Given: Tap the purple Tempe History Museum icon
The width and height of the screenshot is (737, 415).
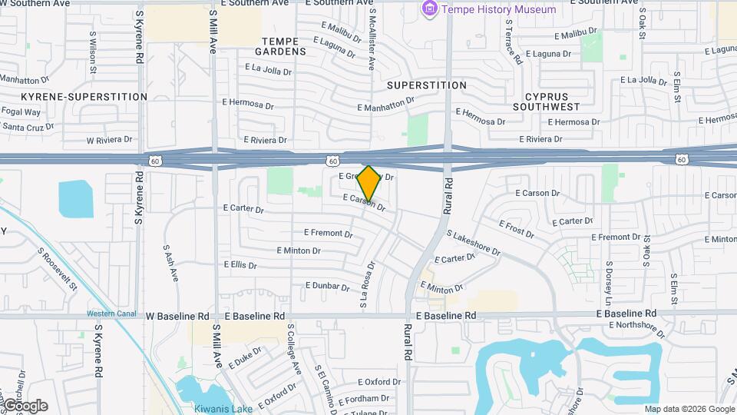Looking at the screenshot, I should tap(430, 10).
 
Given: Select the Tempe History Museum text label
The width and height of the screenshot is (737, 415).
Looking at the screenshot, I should tap(498, 10).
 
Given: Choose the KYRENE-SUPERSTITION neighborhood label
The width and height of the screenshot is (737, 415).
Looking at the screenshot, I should tap(84, 97).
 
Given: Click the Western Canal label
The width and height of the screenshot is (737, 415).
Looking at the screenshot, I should tap(111, 313).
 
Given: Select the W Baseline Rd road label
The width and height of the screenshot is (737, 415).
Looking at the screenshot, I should tap(177, 316).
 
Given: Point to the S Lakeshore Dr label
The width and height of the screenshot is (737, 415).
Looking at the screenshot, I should tap(473, 244).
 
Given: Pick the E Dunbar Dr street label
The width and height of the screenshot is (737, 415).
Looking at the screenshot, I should tap(328, 285).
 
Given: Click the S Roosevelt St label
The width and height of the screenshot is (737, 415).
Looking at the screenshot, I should tap(58, 268).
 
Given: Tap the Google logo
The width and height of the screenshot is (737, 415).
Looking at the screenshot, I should tap(25, 405).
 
